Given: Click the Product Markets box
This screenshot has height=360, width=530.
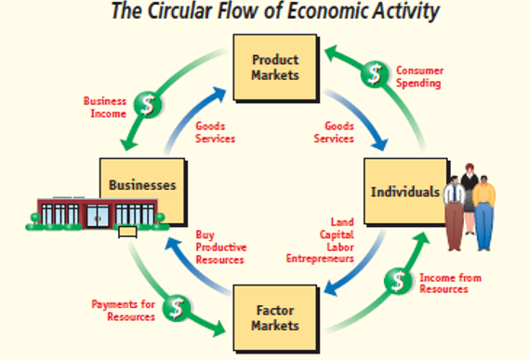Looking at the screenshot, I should pyautogui.click(x=276, y=67).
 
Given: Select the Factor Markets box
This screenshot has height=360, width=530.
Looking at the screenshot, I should pyautogui.click(x=276, y=316).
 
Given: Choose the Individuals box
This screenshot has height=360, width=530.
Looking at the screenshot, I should pyautogui.click(x=402, y=192).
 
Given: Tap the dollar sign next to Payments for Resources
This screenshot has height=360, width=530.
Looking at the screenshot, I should pyautogui.click(x=175, y=307).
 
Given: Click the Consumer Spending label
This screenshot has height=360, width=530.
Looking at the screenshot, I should pyautogui.click(x=419, y=76).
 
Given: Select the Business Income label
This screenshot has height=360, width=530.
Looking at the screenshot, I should pyautogui.click(x=105, y=106).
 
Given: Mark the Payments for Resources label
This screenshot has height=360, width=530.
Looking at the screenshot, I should pyautogui.click(x=123, y=311).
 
